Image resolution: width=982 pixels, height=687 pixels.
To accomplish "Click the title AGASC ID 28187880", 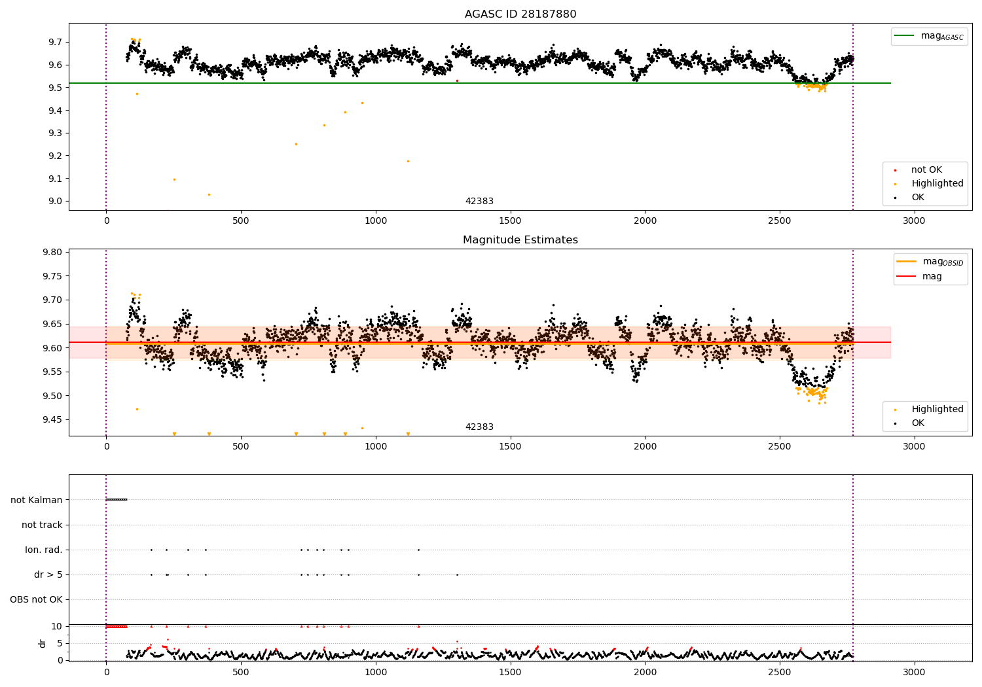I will pos(520,14).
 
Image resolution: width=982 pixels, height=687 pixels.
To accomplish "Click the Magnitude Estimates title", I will pos(520,240).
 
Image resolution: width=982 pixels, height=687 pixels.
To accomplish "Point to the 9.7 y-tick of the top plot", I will pos(55,42).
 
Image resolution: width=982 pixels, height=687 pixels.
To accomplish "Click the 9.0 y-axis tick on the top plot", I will pos(55,202).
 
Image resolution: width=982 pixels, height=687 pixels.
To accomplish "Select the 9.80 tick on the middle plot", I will pos(52,253).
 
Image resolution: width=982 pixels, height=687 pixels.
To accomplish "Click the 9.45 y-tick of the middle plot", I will pos(52,420).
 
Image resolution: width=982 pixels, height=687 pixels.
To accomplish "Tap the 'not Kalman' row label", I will pos(37,501).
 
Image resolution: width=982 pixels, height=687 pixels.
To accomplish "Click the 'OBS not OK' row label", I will pos(37,600).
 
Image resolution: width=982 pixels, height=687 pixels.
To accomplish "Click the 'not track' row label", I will pos(42,525).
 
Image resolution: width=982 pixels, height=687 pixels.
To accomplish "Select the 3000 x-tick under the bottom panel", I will pos(914,672).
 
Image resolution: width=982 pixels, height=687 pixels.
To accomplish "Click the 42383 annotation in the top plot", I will pos(479,202).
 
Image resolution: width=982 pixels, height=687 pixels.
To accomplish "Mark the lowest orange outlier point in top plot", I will pos(209,194).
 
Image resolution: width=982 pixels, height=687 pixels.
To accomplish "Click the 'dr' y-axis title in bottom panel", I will pos(43,643).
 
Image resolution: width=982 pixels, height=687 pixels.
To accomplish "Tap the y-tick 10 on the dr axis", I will pos(57,626).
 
